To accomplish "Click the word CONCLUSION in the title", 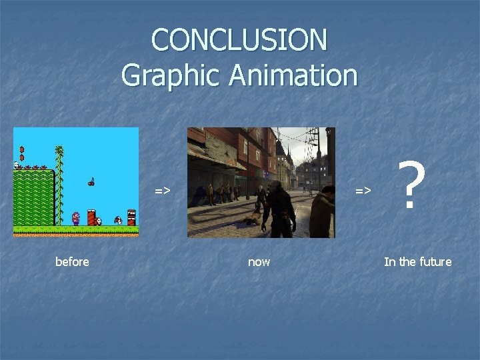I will click(x=239, y=40).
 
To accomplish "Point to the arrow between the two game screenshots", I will click(x=163, y=191).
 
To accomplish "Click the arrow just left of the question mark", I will click(x=363, y=191).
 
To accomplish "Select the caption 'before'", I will click(x=72, y=262).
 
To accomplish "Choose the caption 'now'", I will click(x=259, y=262).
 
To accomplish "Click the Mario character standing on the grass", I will click(x=75, y=218).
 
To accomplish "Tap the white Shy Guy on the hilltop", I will click(x=16, y=165).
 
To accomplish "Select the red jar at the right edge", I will click(x=131, y=217).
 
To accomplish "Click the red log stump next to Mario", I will click(x=91, y=217).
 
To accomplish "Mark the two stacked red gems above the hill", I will click(x=22, y=153).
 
